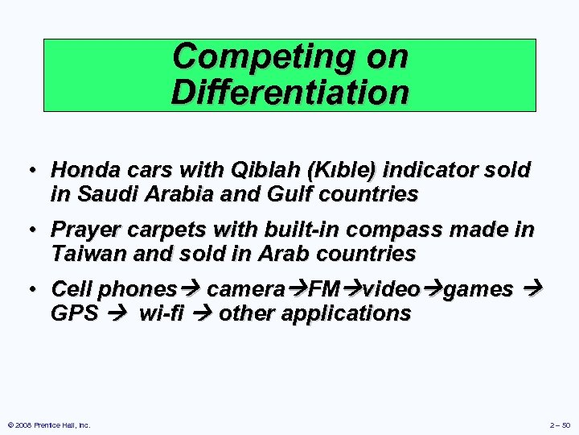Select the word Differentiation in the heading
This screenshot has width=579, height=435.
289,93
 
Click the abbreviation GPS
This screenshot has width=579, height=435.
74,313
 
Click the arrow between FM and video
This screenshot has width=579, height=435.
354,289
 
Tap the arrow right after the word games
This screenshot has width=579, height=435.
536,289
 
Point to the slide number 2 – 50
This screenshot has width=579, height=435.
560,425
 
